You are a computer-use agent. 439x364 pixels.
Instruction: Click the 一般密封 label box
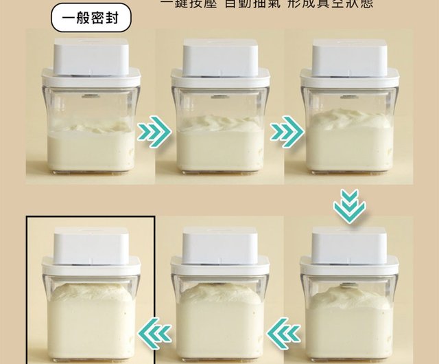click(91, 19)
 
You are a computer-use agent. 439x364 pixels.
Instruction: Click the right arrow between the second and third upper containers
click(285, 130)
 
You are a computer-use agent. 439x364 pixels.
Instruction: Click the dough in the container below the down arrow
click(349, 319)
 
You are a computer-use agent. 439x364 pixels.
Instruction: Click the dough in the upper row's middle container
click(220, 145)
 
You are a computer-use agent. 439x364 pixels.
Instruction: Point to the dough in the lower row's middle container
click(220, 319)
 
